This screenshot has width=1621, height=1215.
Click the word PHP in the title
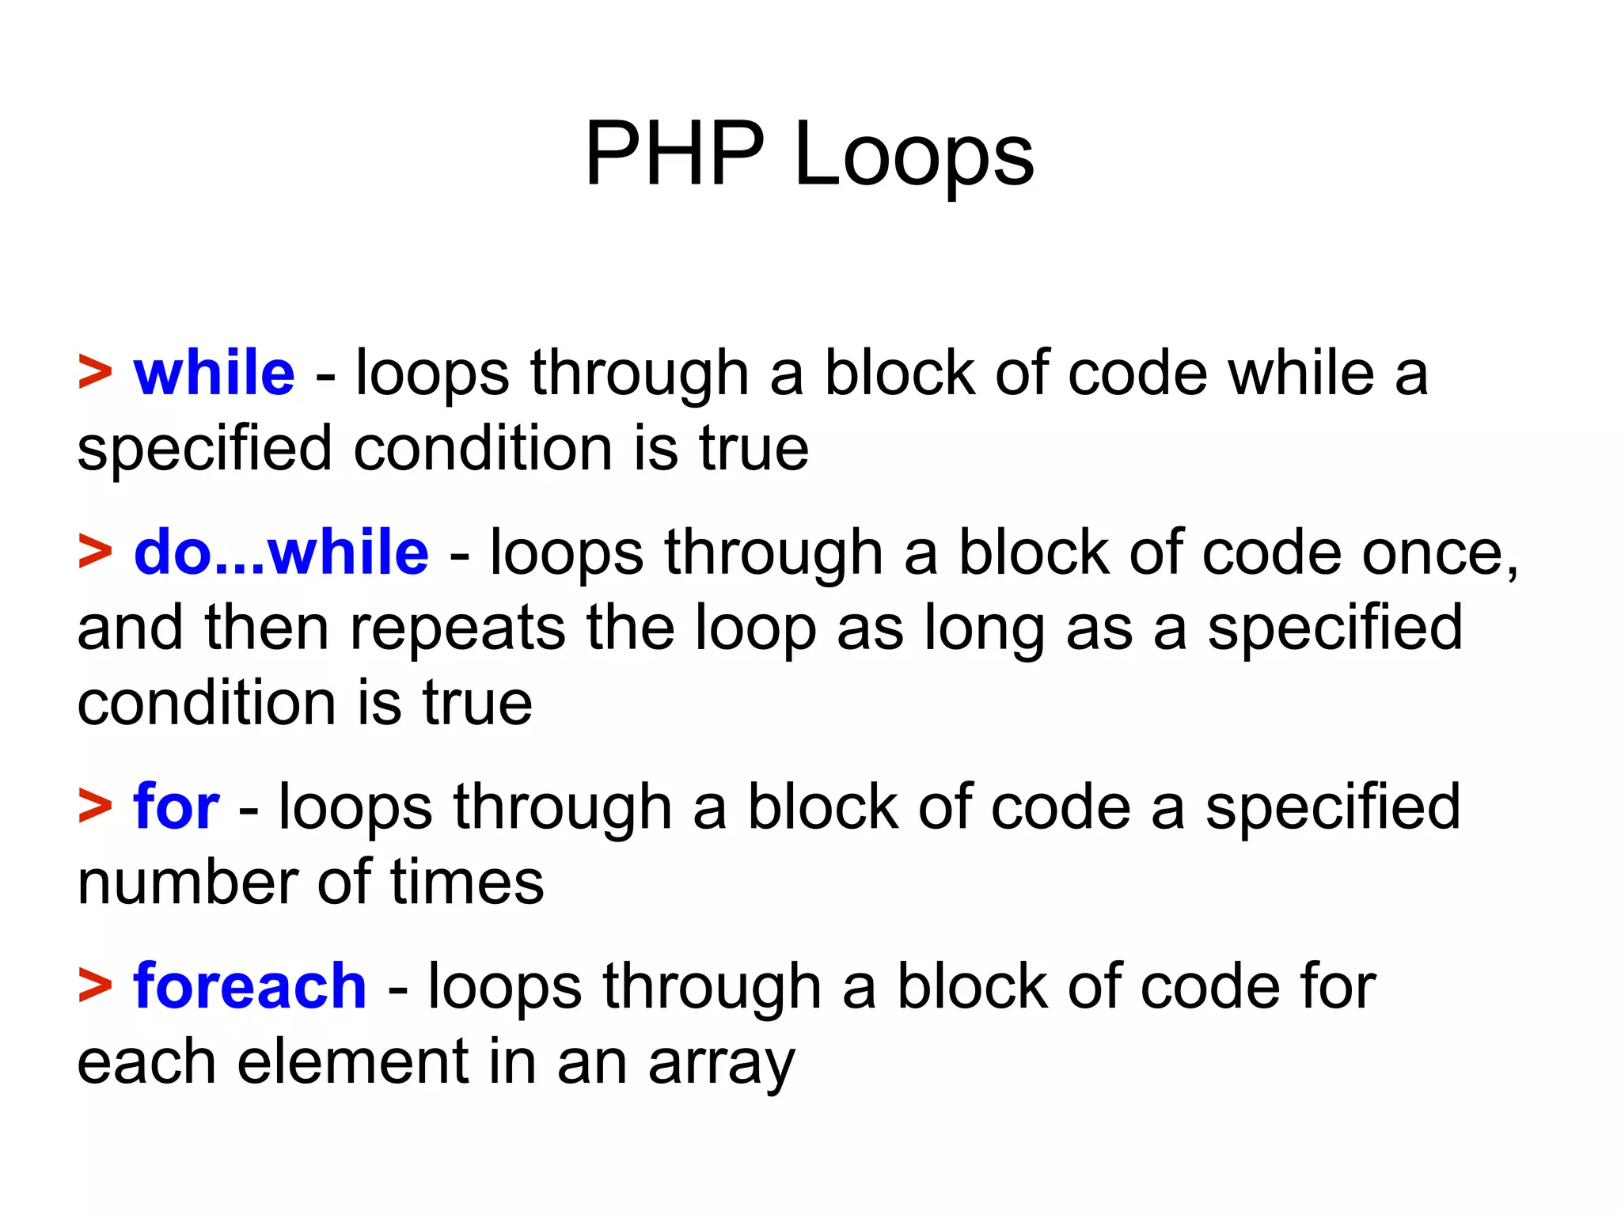coord(674,154)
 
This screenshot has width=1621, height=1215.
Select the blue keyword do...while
coord(281,552)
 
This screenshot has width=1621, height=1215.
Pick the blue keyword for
coord(176,807)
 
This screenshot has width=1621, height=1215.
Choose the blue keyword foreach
coord(249,986)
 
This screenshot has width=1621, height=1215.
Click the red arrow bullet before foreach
coord(95,986)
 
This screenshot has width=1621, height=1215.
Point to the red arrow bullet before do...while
coord(95,552)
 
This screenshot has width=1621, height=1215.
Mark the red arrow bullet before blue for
coord(95,807)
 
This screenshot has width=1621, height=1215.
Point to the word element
coord(353,1061)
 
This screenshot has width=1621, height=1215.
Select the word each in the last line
coord(146,1061)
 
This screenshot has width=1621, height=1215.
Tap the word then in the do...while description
coord(266,628)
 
